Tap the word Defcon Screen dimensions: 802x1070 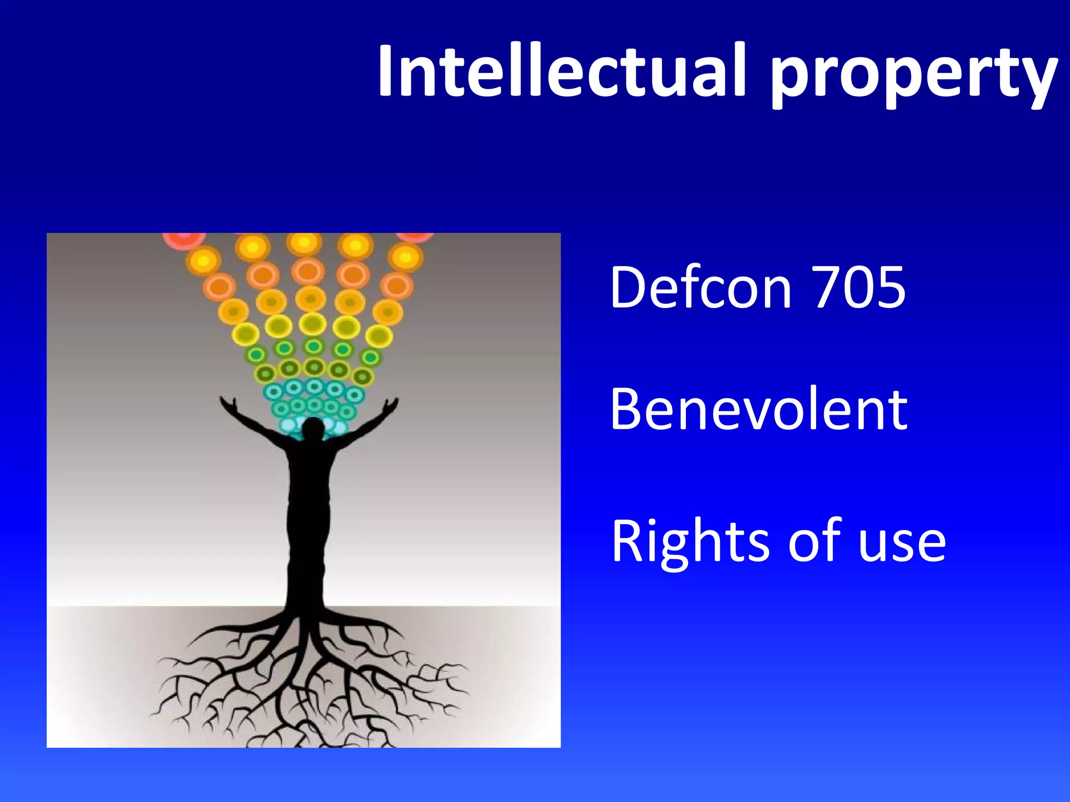(701, 287)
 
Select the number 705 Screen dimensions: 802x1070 (859, 287)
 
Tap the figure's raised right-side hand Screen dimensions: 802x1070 (390, 405)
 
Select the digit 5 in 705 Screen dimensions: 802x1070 (889, 287)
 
